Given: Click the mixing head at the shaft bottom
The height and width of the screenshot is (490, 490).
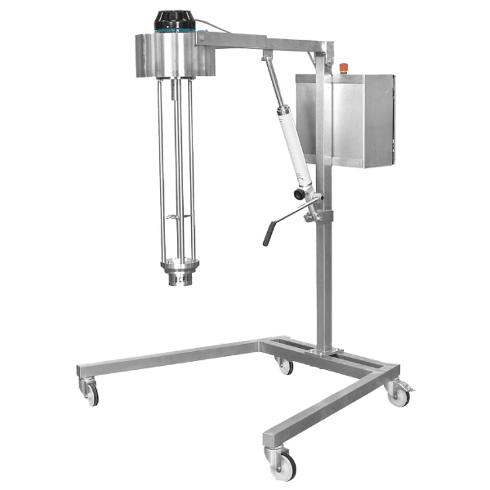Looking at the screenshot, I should pyautogui.click(x=180, y=273).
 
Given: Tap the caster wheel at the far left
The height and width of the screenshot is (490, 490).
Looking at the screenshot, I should pyautogui.click(x=91, y=393).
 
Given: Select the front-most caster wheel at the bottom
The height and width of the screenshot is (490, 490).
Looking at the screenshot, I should pyautogui.click(x=283, y=463).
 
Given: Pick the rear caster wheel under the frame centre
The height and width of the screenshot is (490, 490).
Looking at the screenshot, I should pyautogui.click(x=285, y=366).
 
